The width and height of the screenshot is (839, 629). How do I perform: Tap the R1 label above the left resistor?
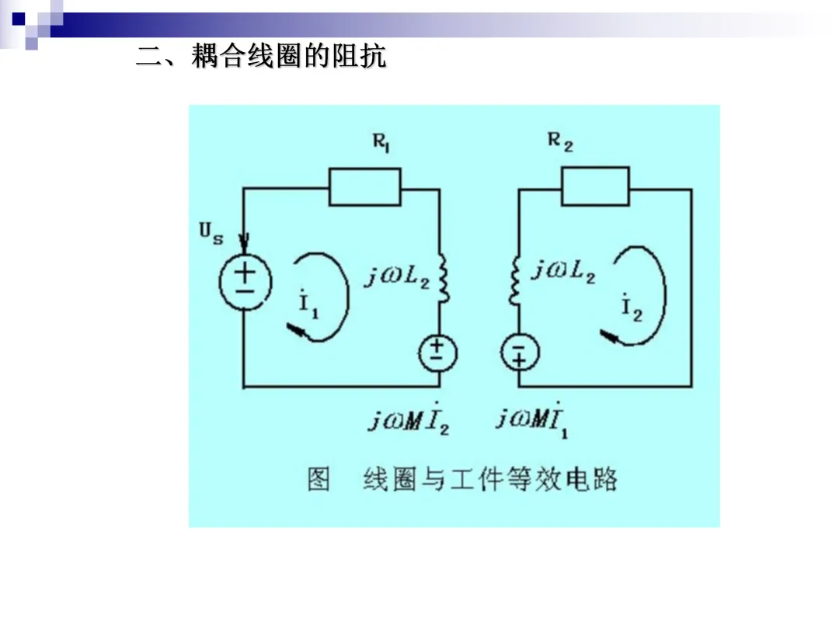point(381,144)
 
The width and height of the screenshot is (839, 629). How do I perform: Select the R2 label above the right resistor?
point(560,142)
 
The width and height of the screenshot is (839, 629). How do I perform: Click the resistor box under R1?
point(365,187)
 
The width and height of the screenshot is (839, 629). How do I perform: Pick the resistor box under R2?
point(595,186)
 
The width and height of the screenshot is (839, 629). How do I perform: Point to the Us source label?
point(211,233)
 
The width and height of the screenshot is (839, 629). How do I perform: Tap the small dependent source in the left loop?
point(438,353)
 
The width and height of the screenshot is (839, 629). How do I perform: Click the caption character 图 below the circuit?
point(319,479)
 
